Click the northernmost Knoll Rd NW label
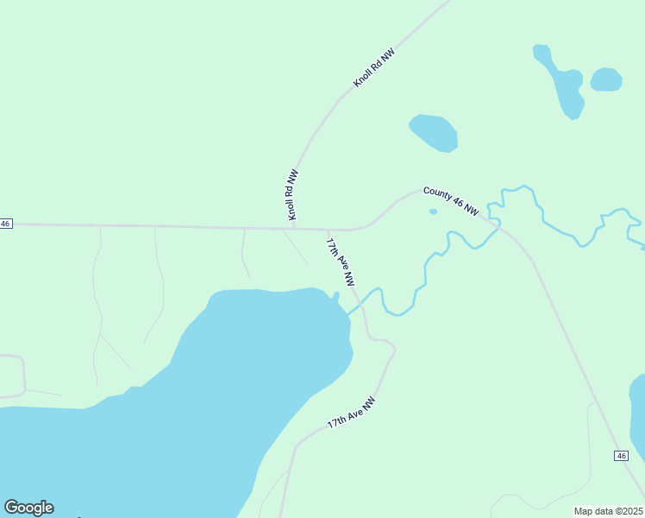coord(374,67)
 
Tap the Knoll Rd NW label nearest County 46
coord(291,193)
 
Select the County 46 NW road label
coord(450,201)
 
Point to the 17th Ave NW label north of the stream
coord(341,262)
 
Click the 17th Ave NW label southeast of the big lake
coord(352,414)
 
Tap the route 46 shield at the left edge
coord(6,224)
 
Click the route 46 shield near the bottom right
coord(621,455)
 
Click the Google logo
coord(28,508)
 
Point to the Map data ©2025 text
coord(608,511)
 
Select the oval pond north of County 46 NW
coord(434,132)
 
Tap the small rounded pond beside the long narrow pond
coord(606,79)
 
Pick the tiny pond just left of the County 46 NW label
coord(433,212)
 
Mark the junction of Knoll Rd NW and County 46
coord(294,229)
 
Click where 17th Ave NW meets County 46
coord(327,230)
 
